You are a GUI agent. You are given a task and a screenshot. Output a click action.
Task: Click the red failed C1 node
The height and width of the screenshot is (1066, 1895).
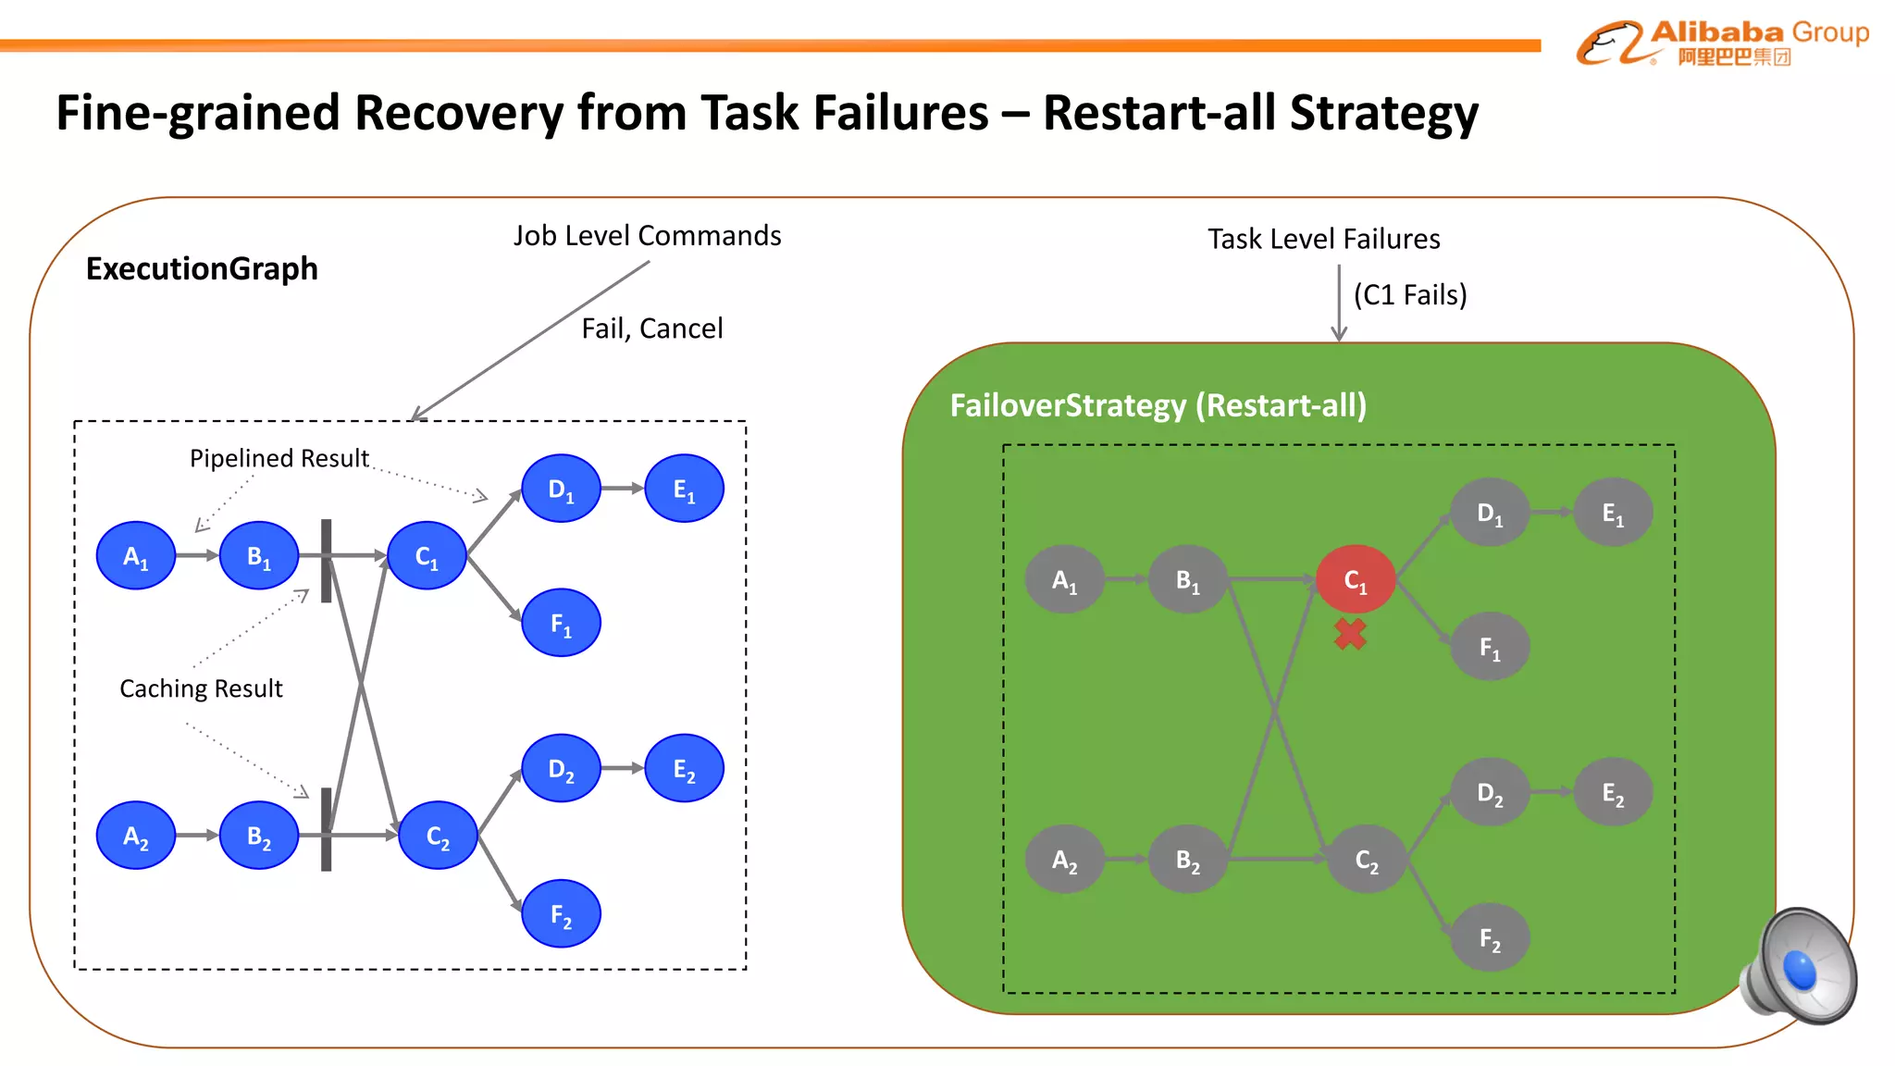(1355, 579)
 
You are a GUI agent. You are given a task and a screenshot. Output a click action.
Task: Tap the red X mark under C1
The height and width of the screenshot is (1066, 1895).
(1350, 634)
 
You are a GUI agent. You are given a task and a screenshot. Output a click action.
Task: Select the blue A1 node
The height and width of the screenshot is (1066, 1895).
(136, 555)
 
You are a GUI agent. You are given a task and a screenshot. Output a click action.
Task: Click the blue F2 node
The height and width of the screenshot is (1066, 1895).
(561, 913)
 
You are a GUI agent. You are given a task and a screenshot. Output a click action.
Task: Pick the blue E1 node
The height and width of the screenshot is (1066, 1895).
(684, 489)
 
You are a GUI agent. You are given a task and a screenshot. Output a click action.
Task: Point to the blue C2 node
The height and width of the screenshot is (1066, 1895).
(438, 836)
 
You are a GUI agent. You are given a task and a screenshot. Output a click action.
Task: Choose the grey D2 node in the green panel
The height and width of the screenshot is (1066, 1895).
(1490, 792)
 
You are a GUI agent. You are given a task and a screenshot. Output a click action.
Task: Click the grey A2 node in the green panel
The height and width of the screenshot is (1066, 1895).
(1064, 860)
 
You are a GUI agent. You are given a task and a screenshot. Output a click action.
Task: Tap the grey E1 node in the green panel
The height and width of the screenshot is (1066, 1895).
(1613, 513)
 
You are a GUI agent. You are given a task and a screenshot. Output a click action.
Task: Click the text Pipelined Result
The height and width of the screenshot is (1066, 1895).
(279, 458)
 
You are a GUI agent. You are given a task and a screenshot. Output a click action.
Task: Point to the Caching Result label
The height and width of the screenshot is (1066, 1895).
(201, 688)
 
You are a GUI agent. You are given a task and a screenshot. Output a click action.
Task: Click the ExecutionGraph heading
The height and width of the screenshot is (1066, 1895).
(202, 268)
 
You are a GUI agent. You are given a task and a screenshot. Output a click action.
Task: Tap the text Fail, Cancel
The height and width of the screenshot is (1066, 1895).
(652, 328)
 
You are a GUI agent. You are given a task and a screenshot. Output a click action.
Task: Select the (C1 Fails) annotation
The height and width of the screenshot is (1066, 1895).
(1410, 295)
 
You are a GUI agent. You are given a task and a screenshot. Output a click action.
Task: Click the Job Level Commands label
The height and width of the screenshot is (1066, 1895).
(647, 236)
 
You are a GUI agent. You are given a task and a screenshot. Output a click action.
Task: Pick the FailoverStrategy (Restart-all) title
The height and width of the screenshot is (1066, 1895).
(1158, 405)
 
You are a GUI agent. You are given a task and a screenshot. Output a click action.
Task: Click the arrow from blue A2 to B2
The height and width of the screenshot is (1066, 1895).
(196, 836)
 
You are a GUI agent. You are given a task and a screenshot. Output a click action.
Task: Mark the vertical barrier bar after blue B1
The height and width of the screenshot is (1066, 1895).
(326, 561)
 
